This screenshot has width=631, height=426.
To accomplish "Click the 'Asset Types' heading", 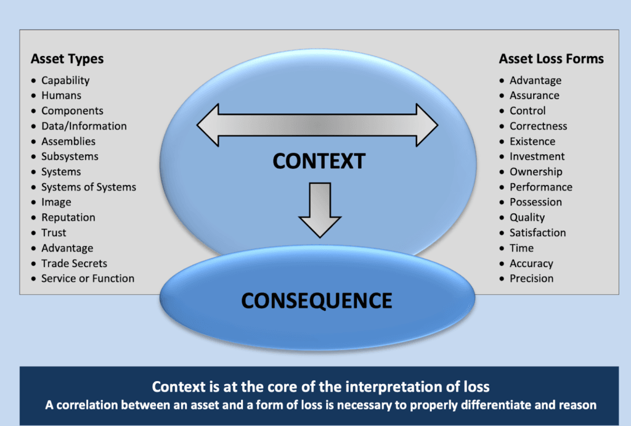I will (x=67, y=59).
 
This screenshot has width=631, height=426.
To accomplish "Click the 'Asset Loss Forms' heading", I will (x=551, y=59).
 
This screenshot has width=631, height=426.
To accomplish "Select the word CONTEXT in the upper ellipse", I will (x=319, y=161).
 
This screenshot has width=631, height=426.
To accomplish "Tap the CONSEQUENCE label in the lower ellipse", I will (x=317, y=300).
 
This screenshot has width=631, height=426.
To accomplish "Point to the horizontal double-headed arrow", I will (x=317, y=125).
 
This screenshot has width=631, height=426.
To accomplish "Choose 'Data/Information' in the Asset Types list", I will (x=84, y=126).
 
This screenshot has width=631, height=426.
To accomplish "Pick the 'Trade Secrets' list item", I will (x=74, y=263).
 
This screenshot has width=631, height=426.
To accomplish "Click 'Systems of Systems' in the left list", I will (x=89, y=187).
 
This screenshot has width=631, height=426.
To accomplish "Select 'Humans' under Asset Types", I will (x=61, y=96).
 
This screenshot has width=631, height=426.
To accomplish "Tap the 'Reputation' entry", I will (x=68, y=218).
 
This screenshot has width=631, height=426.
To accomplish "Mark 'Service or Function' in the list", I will (x=88, y=279).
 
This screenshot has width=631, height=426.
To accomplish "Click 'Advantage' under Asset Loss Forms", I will (x=535, y=81).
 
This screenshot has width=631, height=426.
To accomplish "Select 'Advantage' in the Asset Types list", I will (x=67, y=248).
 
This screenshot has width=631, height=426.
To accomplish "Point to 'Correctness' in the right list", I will (x=538, y=126).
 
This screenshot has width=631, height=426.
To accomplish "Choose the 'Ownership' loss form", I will (x=535, y=172).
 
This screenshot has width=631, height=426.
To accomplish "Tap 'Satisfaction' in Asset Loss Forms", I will (x=537, y=233).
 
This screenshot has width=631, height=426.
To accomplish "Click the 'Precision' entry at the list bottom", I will (x=531, y=279).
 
